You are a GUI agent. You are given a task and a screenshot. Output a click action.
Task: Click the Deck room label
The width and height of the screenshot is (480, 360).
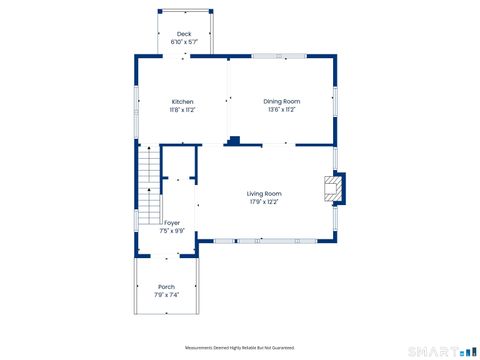point(184,33)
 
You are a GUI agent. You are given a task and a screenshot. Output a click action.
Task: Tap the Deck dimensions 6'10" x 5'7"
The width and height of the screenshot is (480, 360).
point(184,41)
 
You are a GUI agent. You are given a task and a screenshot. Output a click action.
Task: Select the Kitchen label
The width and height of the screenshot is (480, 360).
point(182,101)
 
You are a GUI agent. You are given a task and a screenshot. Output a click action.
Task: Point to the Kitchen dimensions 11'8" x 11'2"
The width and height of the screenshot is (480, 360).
point(182,109)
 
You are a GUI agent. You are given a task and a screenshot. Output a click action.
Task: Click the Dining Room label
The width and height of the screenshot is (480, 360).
point(281,101)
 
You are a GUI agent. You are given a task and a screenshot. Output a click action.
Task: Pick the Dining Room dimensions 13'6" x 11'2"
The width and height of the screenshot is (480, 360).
point(281,109)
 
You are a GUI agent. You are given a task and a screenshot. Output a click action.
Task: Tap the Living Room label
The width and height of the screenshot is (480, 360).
point(264,193)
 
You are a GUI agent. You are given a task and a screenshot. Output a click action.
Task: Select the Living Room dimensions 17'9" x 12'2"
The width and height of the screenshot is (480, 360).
point(264,201)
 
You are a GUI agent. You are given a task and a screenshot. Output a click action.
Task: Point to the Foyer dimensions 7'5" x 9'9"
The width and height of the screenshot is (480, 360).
point(172,230)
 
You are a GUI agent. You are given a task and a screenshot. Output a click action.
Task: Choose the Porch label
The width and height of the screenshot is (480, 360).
point(167,287)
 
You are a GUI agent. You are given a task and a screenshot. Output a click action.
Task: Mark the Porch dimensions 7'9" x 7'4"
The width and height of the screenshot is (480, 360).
point(167,295)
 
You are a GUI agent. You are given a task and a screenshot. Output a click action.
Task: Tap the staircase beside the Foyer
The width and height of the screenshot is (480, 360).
point(148,185)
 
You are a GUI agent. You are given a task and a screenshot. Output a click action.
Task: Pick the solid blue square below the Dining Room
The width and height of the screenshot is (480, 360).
point(233,140)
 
